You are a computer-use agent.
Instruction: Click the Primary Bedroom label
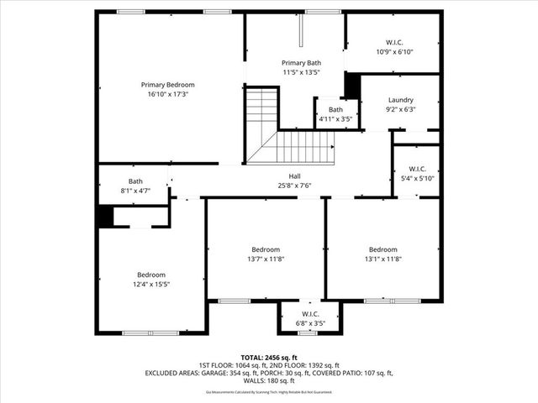(x=167, y=85)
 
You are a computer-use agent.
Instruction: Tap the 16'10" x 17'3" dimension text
(x=167, y=94)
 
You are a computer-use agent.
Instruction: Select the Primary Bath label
(x=301, y=63)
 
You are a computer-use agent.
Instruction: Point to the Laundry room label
(x=400, y=100)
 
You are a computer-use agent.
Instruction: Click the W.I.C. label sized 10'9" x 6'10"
(x=394, y=42)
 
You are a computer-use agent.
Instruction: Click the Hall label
(x=294, y=176)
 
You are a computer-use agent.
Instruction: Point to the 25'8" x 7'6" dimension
(x=294, y=186)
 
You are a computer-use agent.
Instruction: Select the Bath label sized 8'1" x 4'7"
(x=135, y=181)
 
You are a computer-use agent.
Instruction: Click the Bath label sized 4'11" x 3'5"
(x=335, y=110)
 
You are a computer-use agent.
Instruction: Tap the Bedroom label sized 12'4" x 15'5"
(x=151, y=275)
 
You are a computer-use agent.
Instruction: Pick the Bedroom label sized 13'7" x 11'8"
(x=266, y=249)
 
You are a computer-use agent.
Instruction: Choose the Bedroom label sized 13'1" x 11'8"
(x=382, y=249)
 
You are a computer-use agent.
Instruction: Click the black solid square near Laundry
(x=352, y=86)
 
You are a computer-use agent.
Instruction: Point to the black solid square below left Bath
(x=104, y=216)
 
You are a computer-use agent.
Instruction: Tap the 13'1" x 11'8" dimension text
(x=382, y=259)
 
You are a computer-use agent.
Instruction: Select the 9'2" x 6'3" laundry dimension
(x=400, y=109)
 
